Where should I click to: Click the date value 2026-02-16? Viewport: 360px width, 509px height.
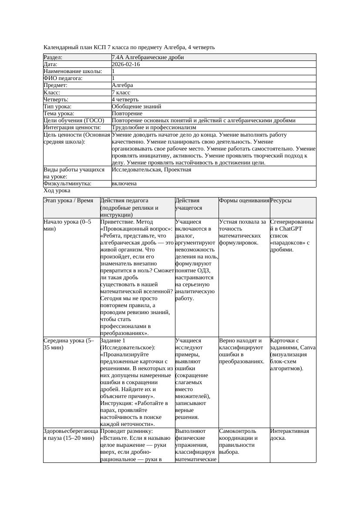pos(126,64)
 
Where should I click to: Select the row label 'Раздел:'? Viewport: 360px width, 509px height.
pos(53,57)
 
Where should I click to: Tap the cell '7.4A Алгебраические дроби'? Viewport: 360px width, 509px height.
pos(148,57)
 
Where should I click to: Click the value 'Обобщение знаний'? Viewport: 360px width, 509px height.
pos(136,107)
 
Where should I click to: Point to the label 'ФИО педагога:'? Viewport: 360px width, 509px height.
pos(63,78)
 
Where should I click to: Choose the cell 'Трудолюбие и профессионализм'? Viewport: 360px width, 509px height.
pos(154,128)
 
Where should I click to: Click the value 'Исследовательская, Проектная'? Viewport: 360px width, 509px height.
pos(151,170)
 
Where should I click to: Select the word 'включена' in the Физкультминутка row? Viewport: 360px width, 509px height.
pos(124,184)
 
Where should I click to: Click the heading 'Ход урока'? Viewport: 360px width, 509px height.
pos(57,191)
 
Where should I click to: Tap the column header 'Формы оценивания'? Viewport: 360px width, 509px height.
pos(244,201)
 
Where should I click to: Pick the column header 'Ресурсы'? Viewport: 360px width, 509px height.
pos(281,201)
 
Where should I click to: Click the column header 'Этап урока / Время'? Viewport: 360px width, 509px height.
pos(68,201)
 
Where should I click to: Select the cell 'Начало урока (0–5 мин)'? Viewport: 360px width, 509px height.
pos(67,225)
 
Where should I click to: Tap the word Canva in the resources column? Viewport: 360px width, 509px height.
pos(308,348)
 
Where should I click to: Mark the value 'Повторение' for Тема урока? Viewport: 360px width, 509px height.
pos(127,114)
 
